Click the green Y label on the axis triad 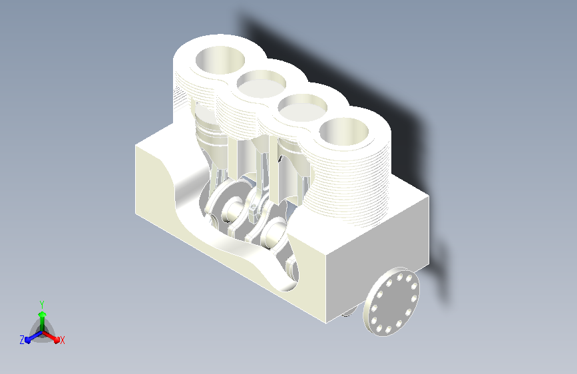pos(42,305)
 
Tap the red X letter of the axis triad pos(62,340)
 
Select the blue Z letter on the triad pos(22,340)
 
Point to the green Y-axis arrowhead pos(43,314)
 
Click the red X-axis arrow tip pos(57,339)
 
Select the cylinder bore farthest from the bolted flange pos(220,60)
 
